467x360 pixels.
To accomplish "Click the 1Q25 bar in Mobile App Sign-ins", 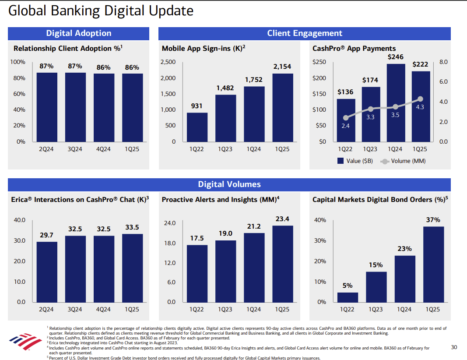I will [282, 107].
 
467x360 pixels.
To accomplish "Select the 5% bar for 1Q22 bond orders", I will [348, 297].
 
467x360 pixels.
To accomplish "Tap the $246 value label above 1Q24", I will [396, 57].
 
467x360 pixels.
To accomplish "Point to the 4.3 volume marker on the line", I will [421, 99].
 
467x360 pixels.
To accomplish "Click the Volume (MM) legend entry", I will [403, 161].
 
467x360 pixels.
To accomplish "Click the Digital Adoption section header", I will [79, 33].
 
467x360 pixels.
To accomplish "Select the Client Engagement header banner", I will [305, 33].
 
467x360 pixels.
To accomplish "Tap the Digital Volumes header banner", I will [229, 184].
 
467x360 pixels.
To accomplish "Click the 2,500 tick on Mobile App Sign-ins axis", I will [168, 62].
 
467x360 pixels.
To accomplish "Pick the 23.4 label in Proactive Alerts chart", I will [282, 219].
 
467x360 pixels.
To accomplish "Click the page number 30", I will [454, 347].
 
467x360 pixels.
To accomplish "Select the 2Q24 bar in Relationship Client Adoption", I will [46, 107].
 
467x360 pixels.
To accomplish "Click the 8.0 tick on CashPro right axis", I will [443, 62].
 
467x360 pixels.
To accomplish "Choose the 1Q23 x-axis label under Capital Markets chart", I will [376, 309].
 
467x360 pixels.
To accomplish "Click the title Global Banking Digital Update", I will [101, 11].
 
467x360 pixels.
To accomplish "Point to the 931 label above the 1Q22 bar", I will [197, 106].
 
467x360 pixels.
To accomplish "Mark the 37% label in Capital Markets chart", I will [433, 220].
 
